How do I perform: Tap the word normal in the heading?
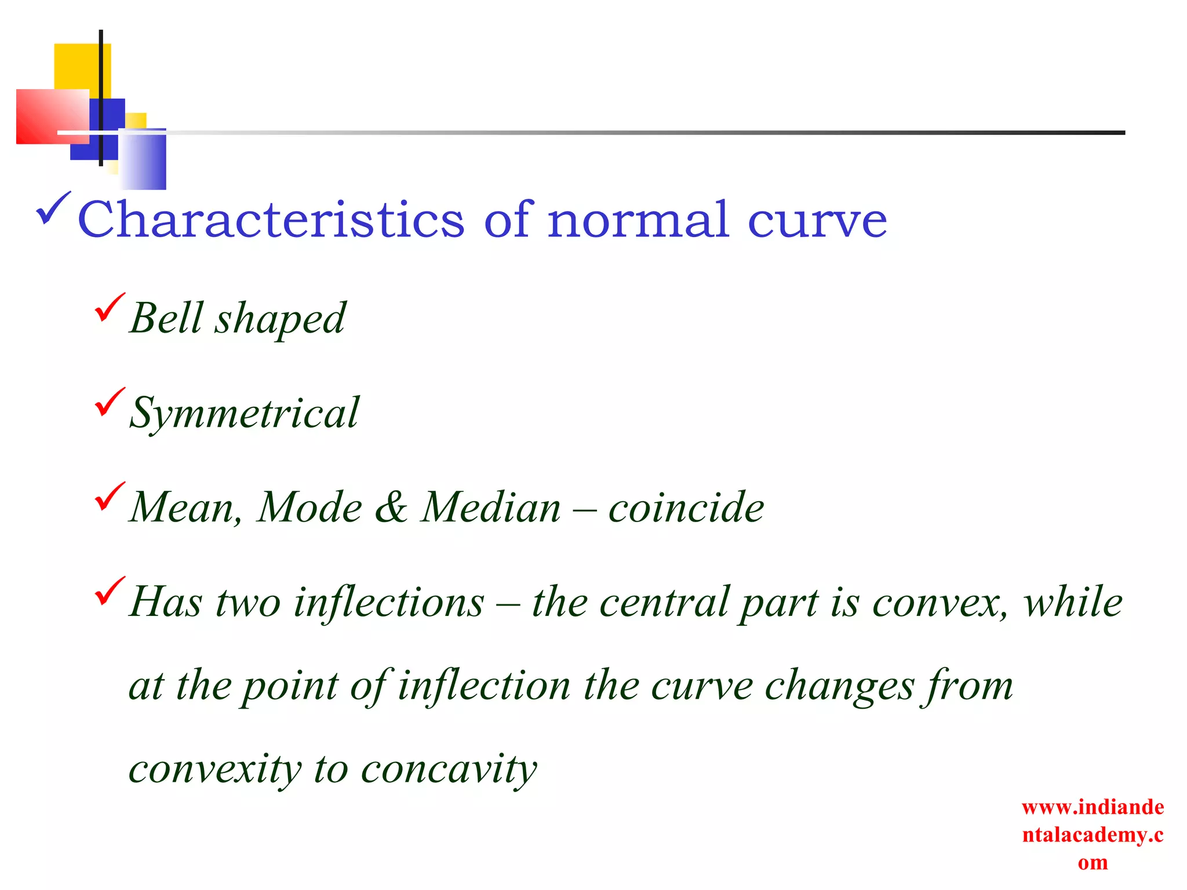click(x=638, y=221)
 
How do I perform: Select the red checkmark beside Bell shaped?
click(x=109, y=307)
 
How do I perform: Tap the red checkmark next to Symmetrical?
click(x=109, y=402)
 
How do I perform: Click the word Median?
click(x=491, y=508)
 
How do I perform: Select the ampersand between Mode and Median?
click(x=391, y=508)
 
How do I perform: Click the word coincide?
click(x=686, y=508)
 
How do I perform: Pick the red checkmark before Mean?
click(x=109, y=496)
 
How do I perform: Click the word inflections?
click(x=389, y=602)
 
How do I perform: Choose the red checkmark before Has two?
click(x=109, y=590)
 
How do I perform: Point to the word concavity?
click(x=449, y=769)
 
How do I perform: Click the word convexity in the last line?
click(x=215, y=769)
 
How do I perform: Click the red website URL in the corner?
click(x=1093, y=834)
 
